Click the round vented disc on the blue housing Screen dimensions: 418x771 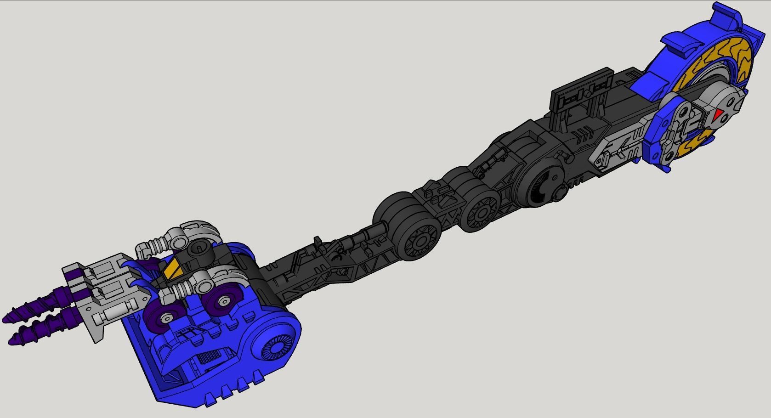pyautogui.click(x=275, y=348)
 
